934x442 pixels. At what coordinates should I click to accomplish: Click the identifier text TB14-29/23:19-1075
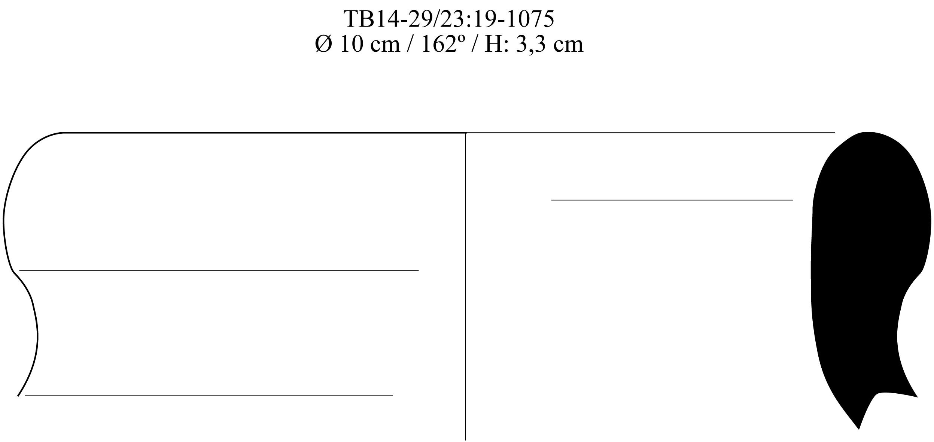coord(449,19)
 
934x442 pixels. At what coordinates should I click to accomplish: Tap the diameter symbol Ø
coord(324,44)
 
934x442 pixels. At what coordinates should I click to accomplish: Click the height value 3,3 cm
coord(550,44)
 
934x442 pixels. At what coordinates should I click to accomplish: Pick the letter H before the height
coord(493,44)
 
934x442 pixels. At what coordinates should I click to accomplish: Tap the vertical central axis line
coord(465,300)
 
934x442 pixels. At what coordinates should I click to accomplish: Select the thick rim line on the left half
coord(262,133)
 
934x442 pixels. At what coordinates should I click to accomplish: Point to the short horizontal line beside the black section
coord(672,200)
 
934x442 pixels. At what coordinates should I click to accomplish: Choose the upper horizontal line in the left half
coord(219,270)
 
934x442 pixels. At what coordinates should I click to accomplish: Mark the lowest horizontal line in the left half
coord(209,395)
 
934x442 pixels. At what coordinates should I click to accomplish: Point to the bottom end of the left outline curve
coord(18,395)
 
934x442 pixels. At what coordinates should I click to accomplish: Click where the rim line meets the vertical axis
coord(465,133)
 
